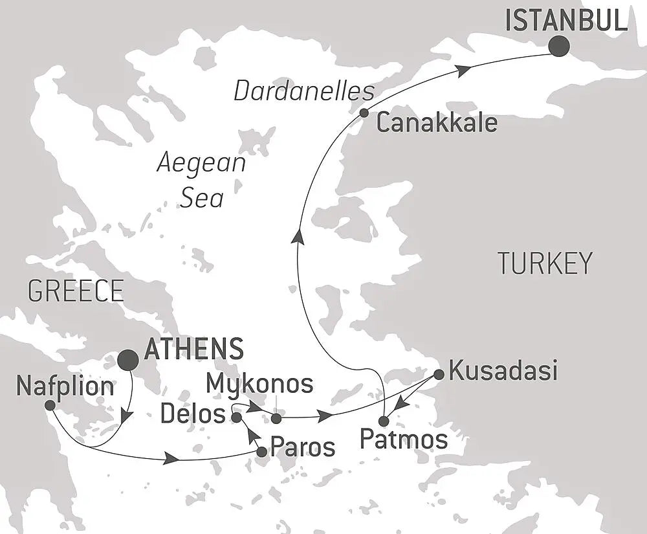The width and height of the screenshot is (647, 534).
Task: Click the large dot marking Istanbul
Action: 558,46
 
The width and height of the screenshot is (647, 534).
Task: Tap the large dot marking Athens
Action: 127,360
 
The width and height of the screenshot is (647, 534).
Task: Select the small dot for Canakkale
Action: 364,113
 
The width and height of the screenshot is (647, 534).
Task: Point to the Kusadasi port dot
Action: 438,373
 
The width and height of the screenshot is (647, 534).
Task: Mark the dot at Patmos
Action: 384,421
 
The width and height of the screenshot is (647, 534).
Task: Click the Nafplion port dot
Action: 50,405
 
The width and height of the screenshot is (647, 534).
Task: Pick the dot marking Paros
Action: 261,452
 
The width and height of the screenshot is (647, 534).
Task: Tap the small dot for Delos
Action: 237,417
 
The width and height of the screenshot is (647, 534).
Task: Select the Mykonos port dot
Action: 276,419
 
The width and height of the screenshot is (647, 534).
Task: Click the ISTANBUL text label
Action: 566,21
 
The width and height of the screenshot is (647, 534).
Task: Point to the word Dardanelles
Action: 304,91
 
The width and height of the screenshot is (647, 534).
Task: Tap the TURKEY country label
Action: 545,263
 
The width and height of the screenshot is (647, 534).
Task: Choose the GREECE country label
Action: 76,291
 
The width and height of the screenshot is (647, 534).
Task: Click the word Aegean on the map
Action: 202,163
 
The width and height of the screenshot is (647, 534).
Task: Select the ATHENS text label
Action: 194,349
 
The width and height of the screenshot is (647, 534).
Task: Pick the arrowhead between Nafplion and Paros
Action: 171,459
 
